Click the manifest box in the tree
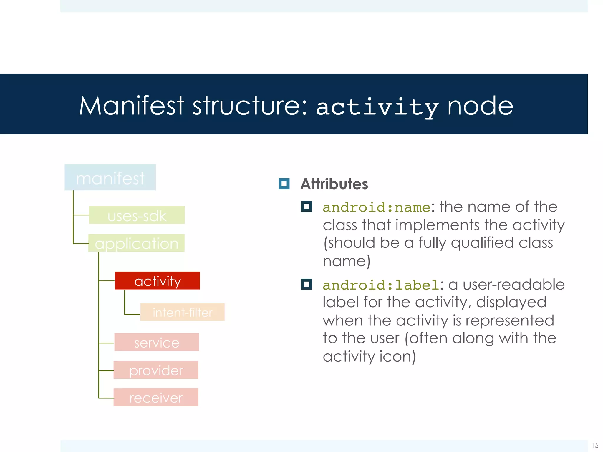110,177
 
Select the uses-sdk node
137,215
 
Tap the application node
136,243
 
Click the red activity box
157,281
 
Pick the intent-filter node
182,312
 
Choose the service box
157,342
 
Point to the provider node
156,370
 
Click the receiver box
156,398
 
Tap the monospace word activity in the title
377,107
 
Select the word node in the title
480,106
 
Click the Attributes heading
334,184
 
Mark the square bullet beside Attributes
284,184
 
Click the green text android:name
377,207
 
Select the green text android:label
381,285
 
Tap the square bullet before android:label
307,284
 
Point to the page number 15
595,445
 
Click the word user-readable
513,285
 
